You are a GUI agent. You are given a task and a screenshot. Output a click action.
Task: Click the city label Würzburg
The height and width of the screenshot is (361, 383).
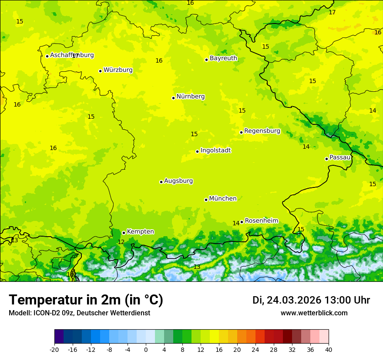[x=118, y=70]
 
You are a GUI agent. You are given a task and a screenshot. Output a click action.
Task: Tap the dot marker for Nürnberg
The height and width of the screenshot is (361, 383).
[x=173, y=98]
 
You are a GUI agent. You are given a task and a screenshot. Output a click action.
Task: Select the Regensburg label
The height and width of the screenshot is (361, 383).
[x=262, y=131]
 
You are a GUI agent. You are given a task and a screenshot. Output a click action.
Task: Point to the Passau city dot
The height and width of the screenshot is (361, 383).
[x=326, y=159]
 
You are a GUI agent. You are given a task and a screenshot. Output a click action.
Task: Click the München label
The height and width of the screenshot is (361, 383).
[x=223, y=199]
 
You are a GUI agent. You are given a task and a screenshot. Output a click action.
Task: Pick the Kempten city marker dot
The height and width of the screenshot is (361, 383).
[x=124, y=233]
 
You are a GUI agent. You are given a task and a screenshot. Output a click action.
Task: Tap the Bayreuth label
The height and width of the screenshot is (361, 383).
[x=223, y=58]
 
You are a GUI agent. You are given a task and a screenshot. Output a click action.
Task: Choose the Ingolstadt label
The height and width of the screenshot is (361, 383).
[x=215, y=150]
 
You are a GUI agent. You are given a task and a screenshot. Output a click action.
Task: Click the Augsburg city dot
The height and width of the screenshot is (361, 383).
[x=161, y=182]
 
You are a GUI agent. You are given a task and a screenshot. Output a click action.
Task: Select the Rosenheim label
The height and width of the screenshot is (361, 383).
[x=261, y=221]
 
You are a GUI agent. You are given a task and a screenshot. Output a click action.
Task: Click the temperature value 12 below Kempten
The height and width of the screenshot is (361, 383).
[x=121, y=242]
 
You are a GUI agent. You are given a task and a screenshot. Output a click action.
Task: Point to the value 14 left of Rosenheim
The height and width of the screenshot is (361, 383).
[x=236, y=224]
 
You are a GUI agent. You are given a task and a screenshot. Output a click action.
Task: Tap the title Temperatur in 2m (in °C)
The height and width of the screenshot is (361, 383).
[x=86, y=300]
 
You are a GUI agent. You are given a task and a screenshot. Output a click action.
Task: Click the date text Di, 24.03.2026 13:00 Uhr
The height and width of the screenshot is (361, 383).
[x=311, y=300]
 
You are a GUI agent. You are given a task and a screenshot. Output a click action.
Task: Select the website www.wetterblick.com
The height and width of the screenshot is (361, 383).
[x=314, y=313]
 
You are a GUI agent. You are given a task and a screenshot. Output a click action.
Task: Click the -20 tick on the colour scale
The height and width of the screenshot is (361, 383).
[x=54, y=349]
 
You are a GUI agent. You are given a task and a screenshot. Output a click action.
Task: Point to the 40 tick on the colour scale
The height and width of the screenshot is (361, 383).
[x=329, y=349]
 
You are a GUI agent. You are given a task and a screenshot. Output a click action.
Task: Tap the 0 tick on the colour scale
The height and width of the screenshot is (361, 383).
[x=146, y=349]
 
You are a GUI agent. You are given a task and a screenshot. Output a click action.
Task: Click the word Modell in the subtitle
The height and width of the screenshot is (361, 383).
[x=19, y=313]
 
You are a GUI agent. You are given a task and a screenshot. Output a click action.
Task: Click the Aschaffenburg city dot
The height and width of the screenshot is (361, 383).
[x=47, y=56]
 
